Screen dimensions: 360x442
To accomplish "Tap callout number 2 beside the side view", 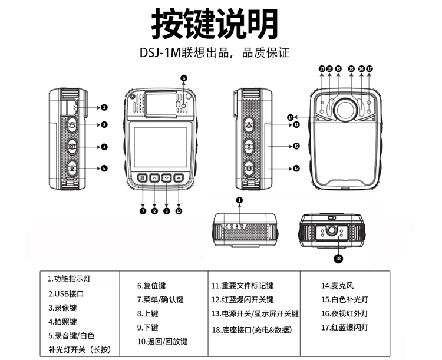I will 104,107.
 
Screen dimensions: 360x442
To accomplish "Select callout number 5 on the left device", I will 104,168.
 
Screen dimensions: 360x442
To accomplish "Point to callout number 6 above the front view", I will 184,78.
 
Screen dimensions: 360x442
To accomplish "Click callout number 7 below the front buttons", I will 143,210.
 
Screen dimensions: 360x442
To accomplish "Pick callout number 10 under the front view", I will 179,210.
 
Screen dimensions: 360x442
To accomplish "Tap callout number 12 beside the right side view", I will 296,146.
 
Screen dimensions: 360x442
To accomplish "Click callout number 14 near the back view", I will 290,117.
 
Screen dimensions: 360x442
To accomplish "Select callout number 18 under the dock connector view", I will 338,257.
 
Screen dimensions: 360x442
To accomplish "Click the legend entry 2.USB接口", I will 66,293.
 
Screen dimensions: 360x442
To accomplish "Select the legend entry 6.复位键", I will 152,285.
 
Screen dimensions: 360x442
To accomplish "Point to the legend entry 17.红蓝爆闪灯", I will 344,327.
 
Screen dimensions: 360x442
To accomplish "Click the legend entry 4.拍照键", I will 62,322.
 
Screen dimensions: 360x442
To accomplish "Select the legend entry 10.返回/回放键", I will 162,341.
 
